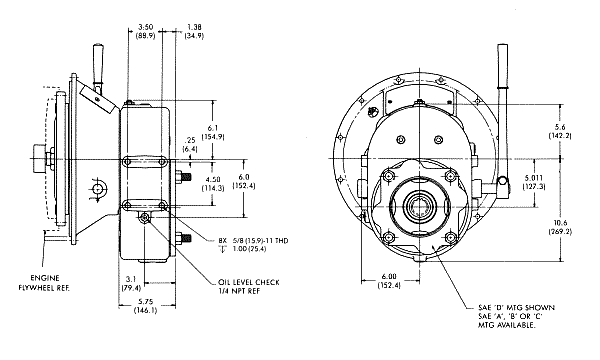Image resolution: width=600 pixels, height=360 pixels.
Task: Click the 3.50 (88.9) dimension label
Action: (x=145, y=31)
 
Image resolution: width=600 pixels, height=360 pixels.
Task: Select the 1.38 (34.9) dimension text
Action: (x=194, y=31)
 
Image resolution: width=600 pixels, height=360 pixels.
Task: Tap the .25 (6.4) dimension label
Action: (x=190, y=144)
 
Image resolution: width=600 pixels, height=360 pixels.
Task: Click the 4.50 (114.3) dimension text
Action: (x=213, y=184)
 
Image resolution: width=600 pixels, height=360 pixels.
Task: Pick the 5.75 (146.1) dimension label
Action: (x=145, y=306)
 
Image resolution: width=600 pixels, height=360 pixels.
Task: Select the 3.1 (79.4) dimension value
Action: (x=131, y=283)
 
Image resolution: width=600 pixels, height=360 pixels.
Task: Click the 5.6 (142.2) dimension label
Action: (x=560, y=131)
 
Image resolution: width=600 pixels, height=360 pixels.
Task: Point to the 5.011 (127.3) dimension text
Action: (x=534, y=182)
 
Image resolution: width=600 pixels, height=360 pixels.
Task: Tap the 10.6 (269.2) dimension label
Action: (x=560, y=227)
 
